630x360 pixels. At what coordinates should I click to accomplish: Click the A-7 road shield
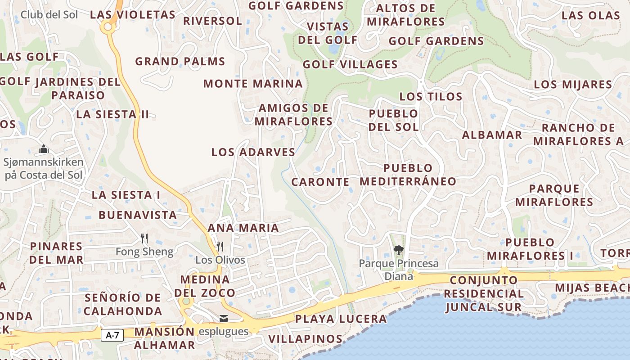112,335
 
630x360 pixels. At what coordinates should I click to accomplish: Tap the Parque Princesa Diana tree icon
398,250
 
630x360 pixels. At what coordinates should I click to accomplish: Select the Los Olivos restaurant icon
220,246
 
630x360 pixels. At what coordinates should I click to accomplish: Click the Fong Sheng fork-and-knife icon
144,238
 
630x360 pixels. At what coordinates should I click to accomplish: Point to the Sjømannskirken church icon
44,149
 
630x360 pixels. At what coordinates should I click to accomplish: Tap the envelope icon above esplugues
224,319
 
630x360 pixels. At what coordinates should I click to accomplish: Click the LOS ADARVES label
253,152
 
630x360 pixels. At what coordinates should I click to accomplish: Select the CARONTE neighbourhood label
320,182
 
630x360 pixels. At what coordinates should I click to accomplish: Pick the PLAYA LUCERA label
341,319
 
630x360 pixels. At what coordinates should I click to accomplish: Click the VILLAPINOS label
305,338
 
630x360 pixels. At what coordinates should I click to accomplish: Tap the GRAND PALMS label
180,61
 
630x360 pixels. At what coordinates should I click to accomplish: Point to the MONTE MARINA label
253,84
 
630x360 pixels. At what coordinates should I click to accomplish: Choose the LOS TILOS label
431,96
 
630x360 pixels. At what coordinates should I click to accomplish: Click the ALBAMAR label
492,135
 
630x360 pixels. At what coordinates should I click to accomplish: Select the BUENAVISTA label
138,215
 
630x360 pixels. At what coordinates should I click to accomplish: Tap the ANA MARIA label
243,228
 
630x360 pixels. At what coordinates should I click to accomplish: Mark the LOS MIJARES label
573,85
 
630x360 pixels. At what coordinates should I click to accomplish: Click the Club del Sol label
49,15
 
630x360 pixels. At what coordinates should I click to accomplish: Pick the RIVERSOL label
212,21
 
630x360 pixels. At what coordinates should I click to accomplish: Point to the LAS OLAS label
591,15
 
